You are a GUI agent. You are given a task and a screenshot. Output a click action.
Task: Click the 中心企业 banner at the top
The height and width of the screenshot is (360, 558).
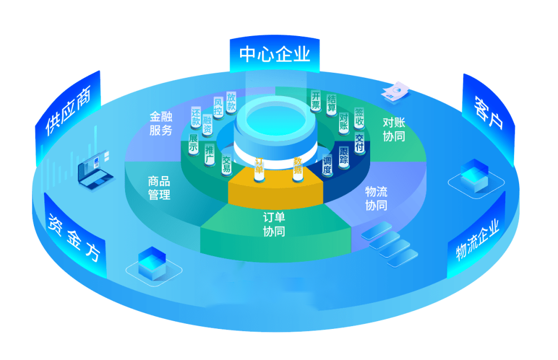pyautogui.click(x=275, y=54)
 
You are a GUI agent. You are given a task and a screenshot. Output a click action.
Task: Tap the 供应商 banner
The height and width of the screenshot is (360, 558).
pyautogui.click(x=68, y=114)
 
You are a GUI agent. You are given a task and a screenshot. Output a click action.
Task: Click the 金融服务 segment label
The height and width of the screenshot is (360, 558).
pyautogui.click(x=161, y=123)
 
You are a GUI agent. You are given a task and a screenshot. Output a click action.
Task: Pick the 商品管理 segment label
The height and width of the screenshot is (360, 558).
pyautogui.click(x=159, y=188)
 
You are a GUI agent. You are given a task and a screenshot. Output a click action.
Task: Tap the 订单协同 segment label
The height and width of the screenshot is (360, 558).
pyautogui.click(x=274, y=224)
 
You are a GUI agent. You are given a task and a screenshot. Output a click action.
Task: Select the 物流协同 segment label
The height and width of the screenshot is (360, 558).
pyautogui.click(x=376, y=198)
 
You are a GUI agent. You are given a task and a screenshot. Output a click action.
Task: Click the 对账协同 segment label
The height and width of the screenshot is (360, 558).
pyautogui.click(x=394, y=129)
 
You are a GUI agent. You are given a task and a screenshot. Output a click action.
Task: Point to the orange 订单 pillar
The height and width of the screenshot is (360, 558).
pyautogui.click(x=259, y=169)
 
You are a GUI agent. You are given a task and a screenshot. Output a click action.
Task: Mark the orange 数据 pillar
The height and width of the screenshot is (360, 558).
pyautogui.click(x=298, y=169)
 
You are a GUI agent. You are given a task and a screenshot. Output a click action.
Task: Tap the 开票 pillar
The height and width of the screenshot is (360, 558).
pyautogui.click(x=316, y=101)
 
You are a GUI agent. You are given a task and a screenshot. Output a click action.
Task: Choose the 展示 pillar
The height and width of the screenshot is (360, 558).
pyautogui.click(x=193, y=143)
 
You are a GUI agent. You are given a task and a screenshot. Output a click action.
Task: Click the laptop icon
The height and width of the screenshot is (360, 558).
pyautogui.click(x=95, y=171)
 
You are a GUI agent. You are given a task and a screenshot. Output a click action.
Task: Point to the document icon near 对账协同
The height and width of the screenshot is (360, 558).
pyautogui.click(x=396, y=92)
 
